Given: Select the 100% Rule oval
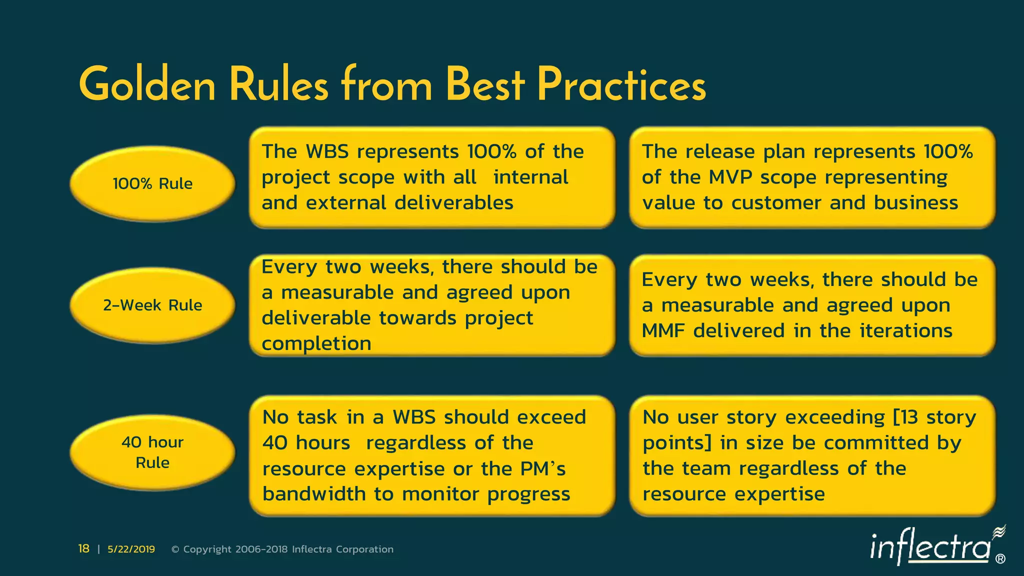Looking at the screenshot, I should coord(152,183).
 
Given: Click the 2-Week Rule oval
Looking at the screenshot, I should coord(152,305).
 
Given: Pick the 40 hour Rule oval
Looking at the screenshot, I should coord(152,452).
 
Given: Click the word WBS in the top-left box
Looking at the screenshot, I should coord(327,151).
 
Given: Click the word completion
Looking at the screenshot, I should coord(316,343).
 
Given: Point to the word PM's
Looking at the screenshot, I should coord(543,468).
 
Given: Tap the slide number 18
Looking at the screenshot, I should coord(83,549).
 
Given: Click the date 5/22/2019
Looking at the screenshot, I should coord(131,549).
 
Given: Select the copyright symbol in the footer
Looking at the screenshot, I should coord(175,549).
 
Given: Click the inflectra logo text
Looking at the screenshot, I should coord(930,547).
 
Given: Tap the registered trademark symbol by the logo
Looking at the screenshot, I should coord(1000,559).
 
